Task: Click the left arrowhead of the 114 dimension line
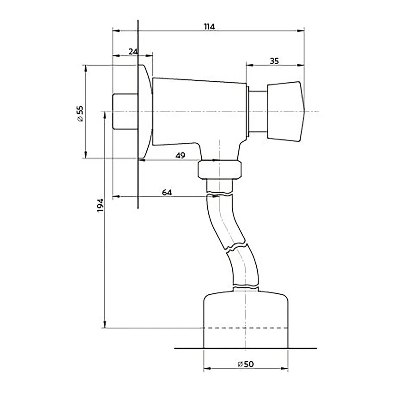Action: pos(116,31)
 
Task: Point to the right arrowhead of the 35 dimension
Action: pos(300,65)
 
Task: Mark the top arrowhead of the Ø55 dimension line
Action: pos(85,69)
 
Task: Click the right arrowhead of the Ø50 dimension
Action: pos(284,368)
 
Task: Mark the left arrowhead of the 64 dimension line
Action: pos(116,197)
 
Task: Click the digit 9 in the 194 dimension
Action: pos(100,205)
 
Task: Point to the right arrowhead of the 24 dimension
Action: pos(149,56)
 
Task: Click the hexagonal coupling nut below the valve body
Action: pos(219,170)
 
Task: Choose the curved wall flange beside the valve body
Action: pos(145,112)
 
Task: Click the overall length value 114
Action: pos(209,27)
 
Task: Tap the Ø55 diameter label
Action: pos(80,114)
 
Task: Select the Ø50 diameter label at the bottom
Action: pos(246,364)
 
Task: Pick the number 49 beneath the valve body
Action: pos(180,155)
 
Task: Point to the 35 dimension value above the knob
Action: pos(274,61)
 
